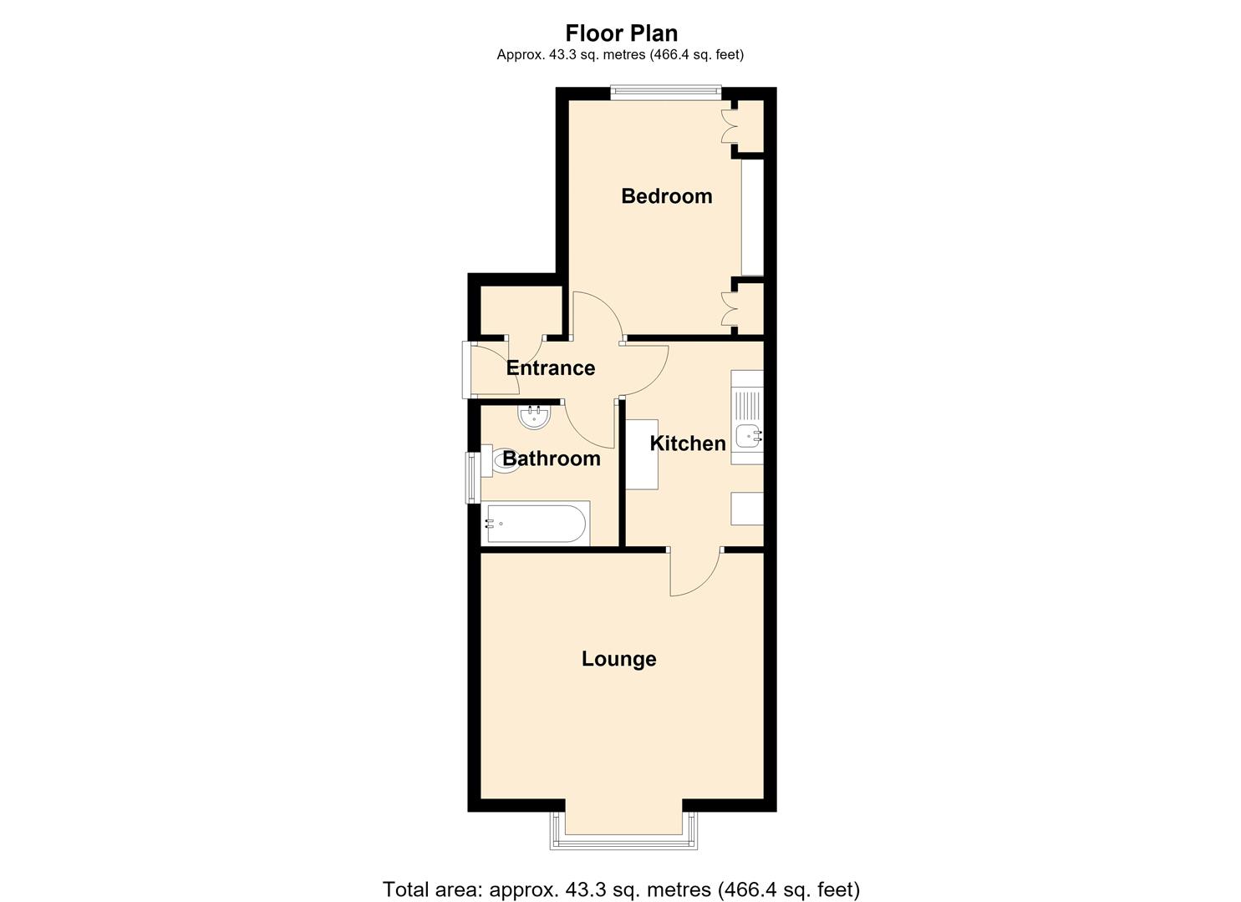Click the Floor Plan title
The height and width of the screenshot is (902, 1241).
tap(621, 33)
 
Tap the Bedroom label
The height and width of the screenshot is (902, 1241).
tap(667, 196)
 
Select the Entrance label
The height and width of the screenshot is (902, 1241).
tap(551, 367)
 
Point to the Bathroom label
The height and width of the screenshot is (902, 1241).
tap(552, 459)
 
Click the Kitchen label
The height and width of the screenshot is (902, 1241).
tap(688, 443)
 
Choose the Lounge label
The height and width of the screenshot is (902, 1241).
tap(619, 659)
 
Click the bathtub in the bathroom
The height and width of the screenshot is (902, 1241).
tap(535, 524)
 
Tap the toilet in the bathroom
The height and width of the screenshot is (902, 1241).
tap(501, 461)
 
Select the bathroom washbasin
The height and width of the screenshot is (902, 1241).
tap(535, 418)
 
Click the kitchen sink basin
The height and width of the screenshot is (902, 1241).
tap(749, 436)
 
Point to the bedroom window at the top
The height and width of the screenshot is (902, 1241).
tap(666, 93)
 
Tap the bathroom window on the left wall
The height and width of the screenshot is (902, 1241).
tap(472, 478)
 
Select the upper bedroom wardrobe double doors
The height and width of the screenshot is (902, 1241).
tap(726, 127)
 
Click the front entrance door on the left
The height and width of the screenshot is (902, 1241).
tap(491, 369)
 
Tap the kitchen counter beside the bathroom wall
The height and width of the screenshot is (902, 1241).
tap(642, 454)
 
